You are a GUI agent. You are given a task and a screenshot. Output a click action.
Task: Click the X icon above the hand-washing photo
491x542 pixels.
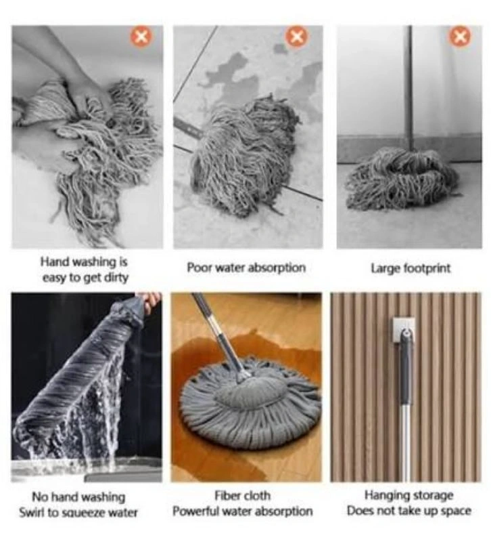pos(141,37)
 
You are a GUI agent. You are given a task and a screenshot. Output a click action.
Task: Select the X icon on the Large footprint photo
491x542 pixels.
pos(460,37)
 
